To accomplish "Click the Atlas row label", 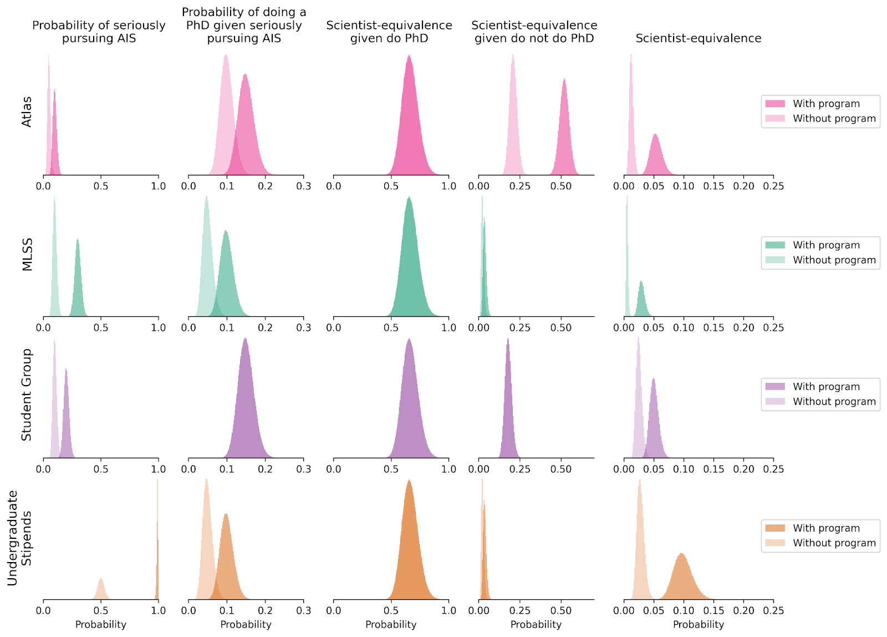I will [x=27, y=112].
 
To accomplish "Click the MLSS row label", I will [x=27, y=254].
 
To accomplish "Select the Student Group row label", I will [x=27, y=395].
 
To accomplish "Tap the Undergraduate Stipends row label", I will [x=19, y=538].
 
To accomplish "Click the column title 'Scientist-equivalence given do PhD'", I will [x=389, y=32].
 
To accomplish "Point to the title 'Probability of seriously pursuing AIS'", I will [x=99, y=32].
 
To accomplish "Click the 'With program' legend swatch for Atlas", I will [x=775, y=104].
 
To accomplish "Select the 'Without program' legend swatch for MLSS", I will [x=775, y=260].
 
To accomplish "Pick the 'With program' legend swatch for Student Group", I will [x=775, y=387].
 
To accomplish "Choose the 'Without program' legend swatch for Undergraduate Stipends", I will [x=775, y=543].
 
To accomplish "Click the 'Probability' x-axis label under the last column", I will [x=699, y=625].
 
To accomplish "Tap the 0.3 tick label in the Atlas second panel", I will [x=303, y=186].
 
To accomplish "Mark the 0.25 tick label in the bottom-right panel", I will [x=773, y=610].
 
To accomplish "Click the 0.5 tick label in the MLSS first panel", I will [x=101, y=328].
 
